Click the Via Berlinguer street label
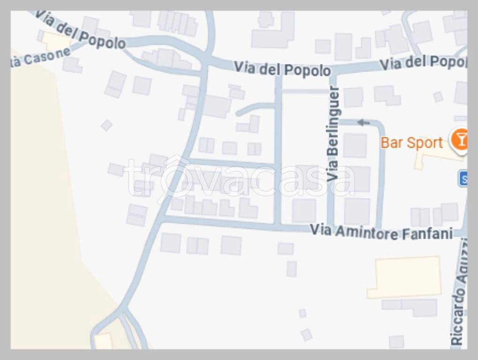[x=334, y=134]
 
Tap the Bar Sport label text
[x=411, y=142]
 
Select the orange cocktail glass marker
[x=460, y=139]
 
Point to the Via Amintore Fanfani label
[x=381, y=232]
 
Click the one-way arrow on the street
[x=364, y=123]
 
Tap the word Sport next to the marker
[x=425, y=142]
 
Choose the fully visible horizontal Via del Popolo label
[x=282, y=69]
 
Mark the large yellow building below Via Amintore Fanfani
[x=404, y=277]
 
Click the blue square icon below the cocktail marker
[x=463, y=179]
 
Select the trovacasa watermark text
[x=239, y=179]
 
